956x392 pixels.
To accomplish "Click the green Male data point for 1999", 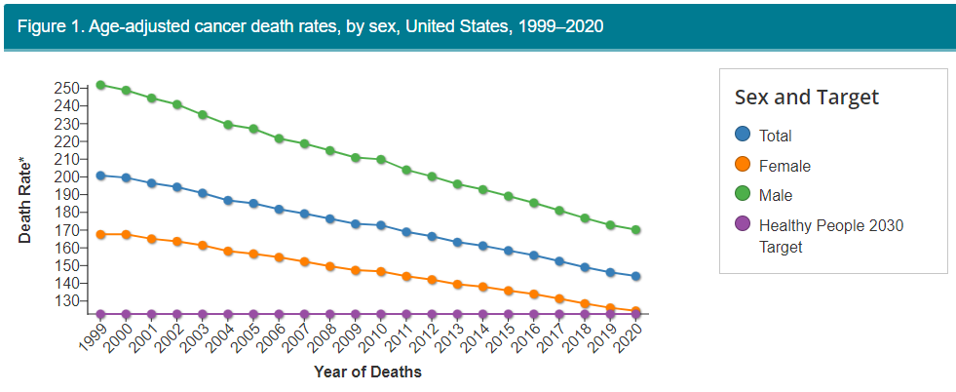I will pyautogui.click(x=100, y=85).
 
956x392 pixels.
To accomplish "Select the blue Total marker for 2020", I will pyautogui.click(x=635, y=276).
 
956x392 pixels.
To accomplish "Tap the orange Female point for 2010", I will pyautogui.click(x=380, y=271).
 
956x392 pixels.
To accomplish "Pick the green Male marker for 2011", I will pyautogui.click(x=406, y=170).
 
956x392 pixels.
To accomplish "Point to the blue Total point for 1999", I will pyautogui.click(x=100, y=176).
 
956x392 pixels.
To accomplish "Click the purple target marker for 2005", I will pyautogui.click(x=253, y=314).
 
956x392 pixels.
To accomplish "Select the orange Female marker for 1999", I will pyautogui.click(x=100, y=234).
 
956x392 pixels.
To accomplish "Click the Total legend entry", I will pyautogui.click(x=775, y=136).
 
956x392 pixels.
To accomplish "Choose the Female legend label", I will pyautogui.click(x=784, y=166).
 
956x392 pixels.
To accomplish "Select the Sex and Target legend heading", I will pyautogui.click(x=806, y=98).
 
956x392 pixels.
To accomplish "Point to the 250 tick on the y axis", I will pyautogui.click(x=66, y=89).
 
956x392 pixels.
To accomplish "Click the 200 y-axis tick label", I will pyautogui.click(x=66, y=176).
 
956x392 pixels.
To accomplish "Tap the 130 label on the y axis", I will pyautogui.click(x=66, y=300).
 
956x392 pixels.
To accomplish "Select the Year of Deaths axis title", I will pyautogui.click(x=367, y=372).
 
